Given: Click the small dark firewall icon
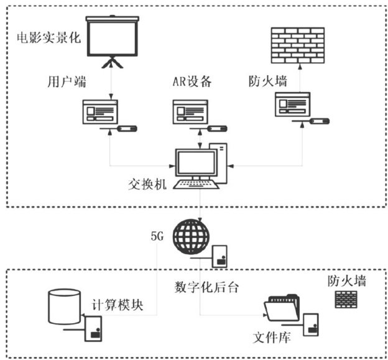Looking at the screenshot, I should pos(346,301).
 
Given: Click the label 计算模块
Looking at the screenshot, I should pos(119,305).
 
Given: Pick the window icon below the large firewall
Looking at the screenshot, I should pos(292,104).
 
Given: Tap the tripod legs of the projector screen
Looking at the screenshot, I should pos(113,63).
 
